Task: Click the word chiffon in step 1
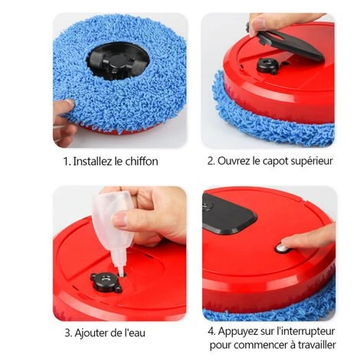pyautogui.click(x=142, y=162)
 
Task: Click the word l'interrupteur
pyautogui.click(x=306, y=332)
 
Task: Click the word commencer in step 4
pyautogui.click(x=260, y=345)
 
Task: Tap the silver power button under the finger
pyautogui.click(x=281, y=248)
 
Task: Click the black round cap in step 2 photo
pyautogui.click(x=268, y=65)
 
